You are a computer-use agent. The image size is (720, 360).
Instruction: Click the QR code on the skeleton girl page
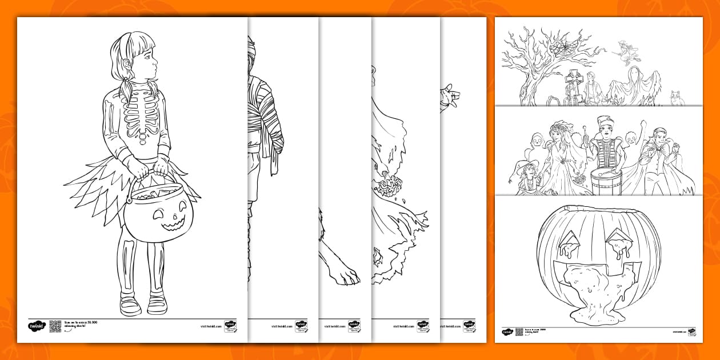[x=55, y=326]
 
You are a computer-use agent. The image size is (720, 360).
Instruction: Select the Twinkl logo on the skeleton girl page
[x=36, y=326]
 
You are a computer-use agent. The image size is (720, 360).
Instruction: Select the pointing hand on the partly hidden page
[x=450, y=97]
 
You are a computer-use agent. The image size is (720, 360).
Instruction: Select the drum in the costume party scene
[x=606, y=180]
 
